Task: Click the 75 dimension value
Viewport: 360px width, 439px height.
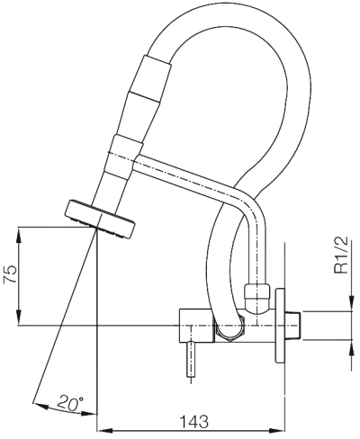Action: (10, 273)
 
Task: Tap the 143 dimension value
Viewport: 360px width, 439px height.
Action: (193, 422)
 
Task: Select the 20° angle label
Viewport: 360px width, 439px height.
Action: (70, 403)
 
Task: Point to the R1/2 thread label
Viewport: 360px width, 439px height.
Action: (341, 255)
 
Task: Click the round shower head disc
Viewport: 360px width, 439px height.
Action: (100, 219)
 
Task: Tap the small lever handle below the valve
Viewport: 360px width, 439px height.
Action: (191, 359)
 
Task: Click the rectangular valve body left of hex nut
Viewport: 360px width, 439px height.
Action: (197, 326)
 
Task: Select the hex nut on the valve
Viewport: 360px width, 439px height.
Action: (229, 327)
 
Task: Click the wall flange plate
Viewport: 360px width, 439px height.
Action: (280, 326)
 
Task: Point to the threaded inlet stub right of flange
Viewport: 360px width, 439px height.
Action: (292, 326)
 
